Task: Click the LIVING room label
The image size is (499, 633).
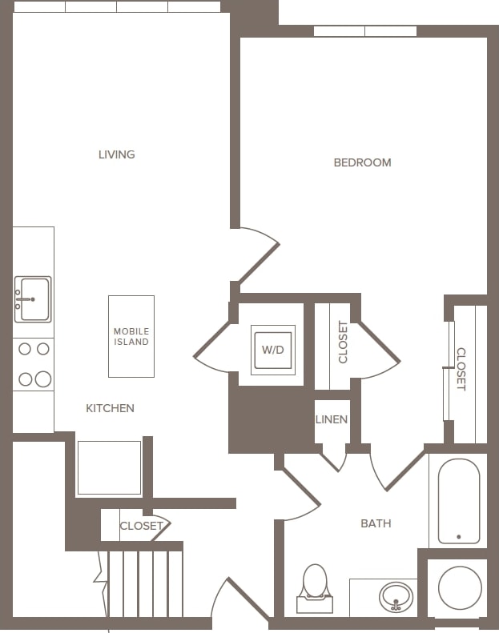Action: pyautogui.click(x=117, y=154)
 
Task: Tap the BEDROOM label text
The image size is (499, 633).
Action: pyautogui.click(x=362, y=162)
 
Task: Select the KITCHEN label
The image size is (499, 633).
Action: pyautogui.click(x=110, y=408)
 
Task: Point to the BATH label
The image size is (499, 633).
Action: pyautogui.click(x=376, y=523)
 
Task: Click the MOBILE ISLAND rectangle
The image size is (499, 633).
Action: pyautogui.click(x=131, y=336)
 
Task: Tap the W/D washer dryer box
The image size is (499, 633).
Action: pyautogui.click(x=273, y=350)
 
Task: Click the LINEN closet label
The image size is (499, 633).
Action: pyautogui.click(x=332, y=419)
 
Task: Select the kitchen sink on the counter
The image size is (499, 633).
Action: pyautogui.click(x=33, y=299)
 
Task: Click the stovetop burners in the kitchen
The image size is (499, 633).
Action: pyautogui.click(x=34, y=364)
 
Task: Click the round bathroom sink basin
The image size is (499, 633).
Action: pyautogui.click(x=396, y=596)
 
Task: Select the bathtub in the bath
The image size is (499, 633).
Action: pyautogui.click(x=458, y=501)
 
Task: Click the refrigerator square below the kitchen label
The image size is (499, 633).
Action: pyautogui.click(x=109, y=467)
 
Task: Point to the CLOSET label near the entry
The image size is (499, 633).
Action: pyautogui.click(x=141, y=526)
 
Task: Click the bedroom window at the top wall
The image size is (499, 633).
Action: pyautogui.click(x=364, y=31)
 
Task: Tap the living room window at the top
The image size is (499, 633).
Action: pyautogui.click(x=117, y=6)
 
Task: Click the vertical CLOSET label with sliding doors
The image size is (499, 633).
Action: pyautogui.click(x=461, y=369)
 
